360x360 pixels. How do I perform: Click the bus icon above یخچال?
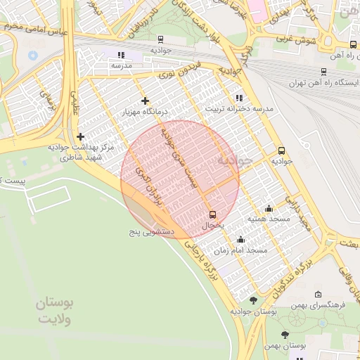click(x=213, y=214)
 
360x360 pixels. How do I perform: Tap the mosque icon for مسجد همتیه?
click(x=269, y=208)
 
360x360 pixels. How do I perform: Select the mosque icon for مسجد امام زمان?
click(x=240, y=239)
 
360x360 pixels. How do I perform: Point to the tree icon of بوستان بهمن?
click(x=285, y=335)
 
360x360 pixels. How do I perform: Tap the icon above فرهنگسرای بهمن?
click(x=319, y=295)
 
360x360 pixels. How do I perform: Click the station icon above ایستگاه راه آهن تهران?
click(x=323, y=72)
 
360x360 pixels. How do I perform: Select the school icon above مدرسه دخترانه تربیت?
click(x=239, y=98)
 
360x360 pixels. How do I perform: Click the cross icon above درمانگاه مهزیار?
click(x=146, y=101)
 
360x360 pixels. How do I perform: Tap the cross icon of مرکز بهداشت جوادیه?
click(x=80, y=136)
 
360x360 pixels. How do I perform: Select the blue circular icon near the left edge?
click(x=33, y=55)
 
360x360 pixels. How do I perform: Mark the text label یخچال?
click(x=212, y=226)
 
